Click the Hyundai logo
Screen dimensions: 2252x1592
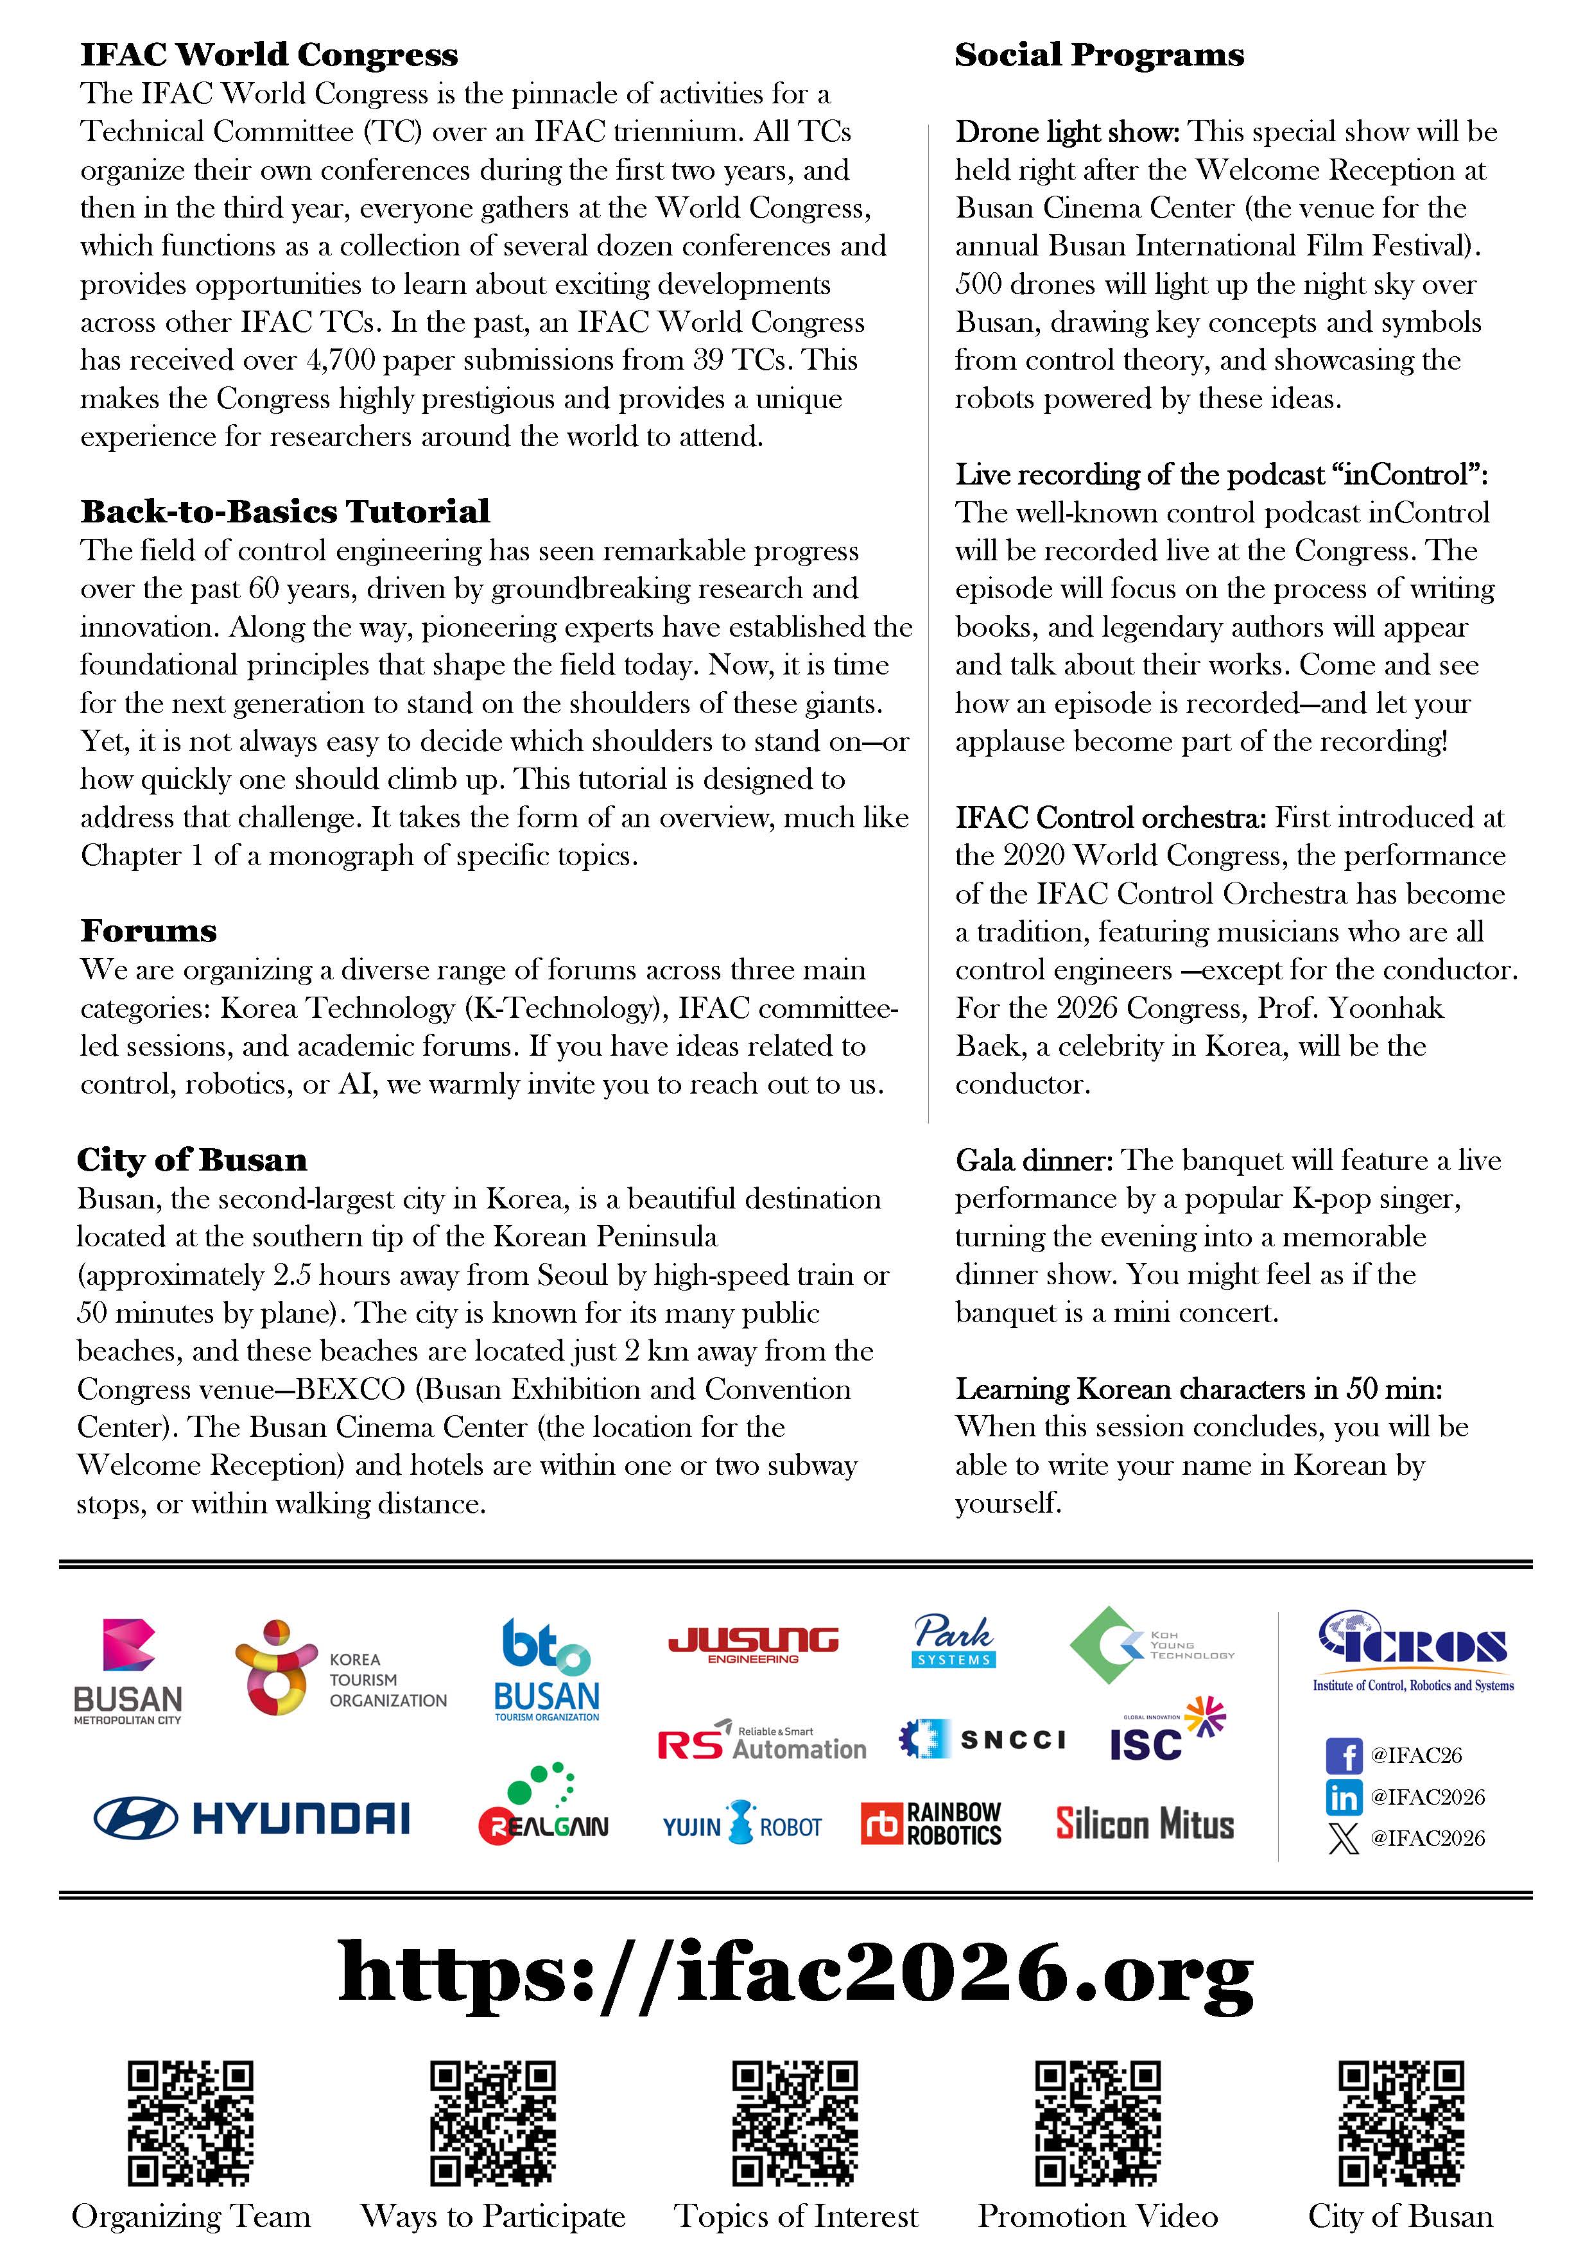tap(252, 1818)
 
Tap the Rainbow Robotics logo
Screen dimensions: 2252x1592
tap(931, 1823)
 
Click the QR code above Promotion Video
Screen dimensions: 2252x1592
tap(1098, 2122)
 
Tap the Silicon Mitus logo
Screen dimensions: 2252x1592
tap(1145, 1823)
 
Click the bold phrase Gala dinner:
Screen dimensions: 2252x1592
tap(1033, 1160)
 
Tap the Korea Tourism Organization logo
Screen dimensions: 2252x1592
tap(340, 1667)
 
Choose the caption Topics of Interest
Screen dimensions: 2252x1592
tap(795, 2215)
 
